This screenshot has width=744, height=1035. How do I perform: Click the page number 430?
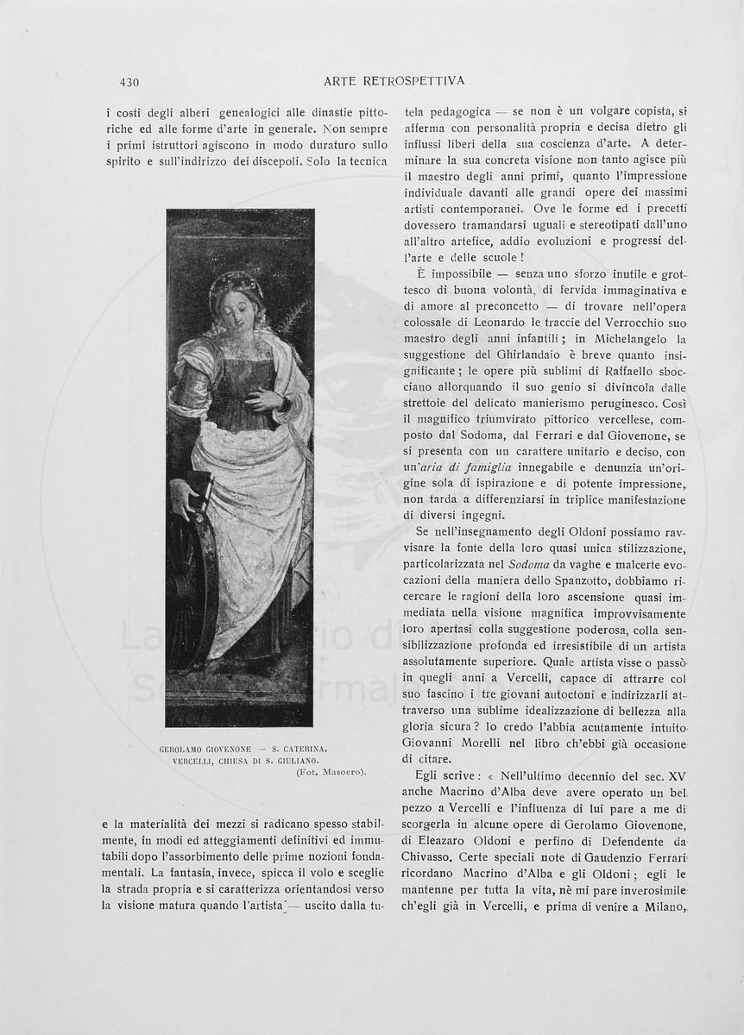[130, 83]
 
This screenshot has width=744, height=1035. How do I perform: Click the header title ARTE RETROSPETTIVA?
[394, 81]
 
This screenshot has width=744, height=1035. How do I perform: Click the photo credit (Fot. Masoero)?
[331, 772]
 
